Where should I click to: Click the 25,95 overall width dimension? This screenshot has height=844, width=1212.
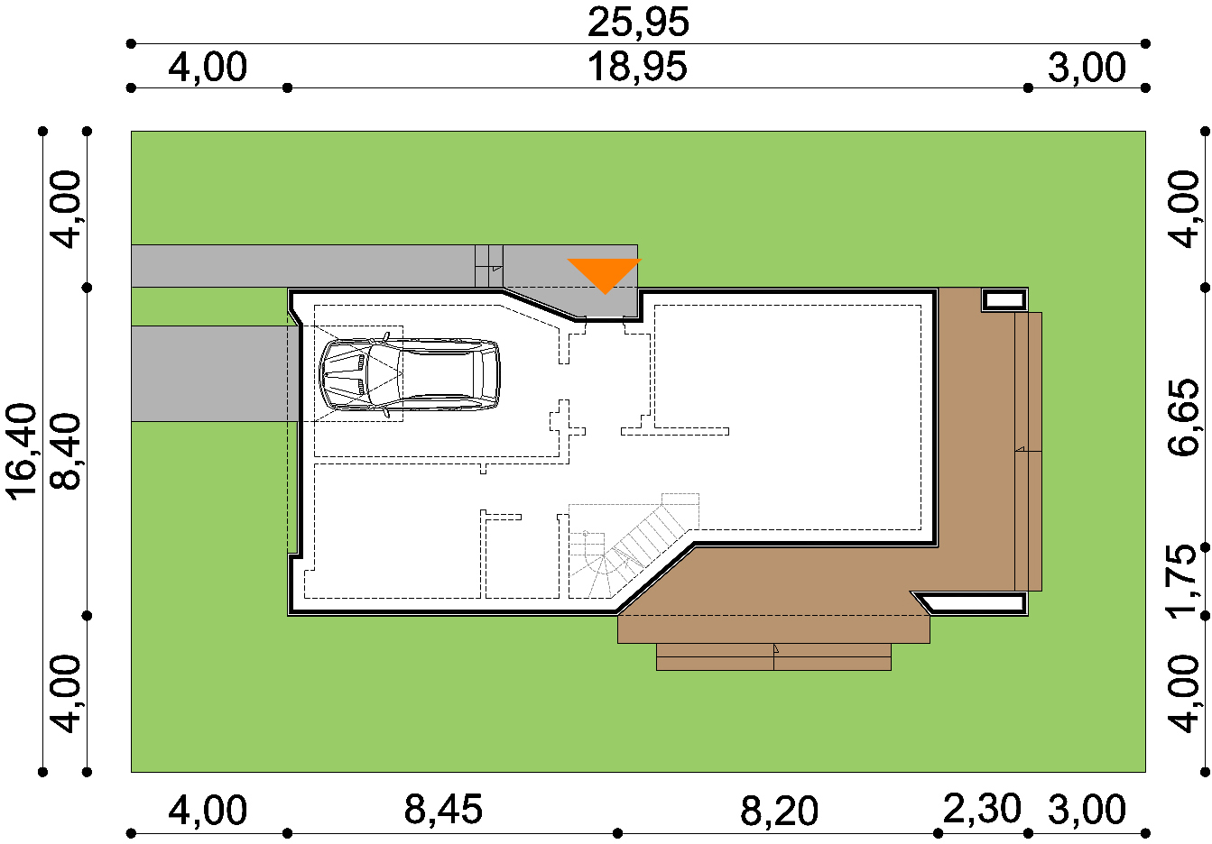pos(638,23)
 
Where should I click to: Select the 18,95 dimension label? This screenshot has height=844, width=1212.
pos(637,67)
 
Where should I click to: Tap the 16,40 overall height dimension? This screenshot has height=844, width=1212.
pos(22,452)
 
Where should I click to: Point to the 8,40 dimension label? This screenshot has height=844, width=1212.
pos(66,452)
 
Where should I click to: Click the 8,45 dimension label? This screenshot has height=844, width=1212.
pos(443,810)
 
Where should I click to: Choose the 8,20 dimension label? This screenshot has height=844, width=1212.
pos(779,811)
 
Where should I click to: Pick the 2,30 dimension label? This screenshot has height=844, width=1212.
pos(982,809)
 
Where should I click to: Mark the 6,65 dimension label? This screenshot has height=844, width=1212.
pos(1183,417)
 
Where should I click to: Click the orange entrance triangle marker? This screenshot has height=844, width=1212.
pos(605,273)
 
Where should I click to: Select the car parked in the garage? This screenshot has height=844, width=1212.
pos(410,374)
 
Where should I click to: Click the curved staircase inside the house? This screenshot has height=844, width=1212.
pos(633,546)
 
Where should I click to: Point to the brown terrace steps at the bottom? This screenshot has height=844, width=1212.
pos(773,657)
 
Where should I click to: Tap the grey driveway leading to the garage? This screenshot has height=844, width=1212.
pos(215,373)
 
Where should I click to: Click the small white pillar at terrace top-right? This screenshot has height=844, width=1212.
pos(1004,299)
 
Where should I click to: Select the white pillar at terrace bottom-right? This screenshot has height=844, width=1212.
pos(974,603)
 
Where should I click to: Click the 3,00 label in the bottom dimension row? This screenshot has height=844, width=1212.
pos(1087,810)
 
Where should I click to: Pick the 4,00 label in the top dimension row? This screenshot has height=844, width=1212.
pos(208,68)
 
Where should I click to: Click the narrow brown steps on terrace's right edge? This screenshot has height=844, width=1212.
pos(1028,452)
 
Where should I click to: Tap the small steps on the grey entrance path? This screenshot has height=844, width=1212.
pos(489,266)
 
